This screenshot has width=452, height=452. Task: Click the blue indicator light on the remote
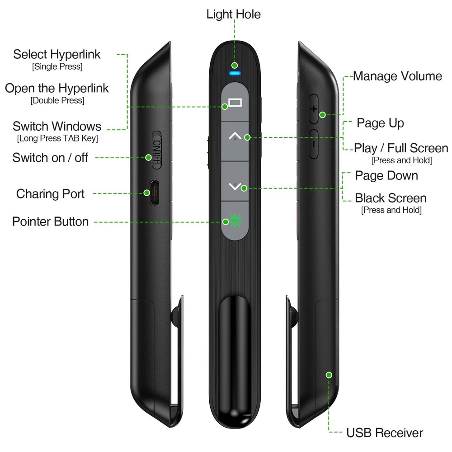(x=234, y=72)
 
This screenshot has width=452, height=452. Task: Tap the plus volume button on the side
(x=314, y=109)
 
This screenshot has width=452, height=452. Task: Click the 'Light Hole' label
(x=234, y=14)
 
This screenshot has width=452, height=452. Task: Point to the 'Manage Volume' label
(x=397, y=76)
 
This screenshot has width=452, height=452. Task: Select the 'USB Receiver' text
(x=385, y=433)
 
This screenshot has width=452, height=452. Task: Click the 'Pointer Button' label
(x=50, y=221)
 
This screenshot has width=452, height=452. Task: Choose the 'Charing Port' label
(x=50, y=194)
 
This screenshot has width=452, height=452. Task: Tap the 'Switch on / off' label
(x=50, y=158)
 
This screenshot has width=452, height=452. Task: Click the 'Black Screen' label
(x=391, y=198)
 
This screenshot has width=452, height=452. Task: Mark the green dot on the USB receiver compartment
(x=329, y=375)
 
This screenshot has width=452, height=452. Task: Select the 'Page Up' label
(x=380, y=123)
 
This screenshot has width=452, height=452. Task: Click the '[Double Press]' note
(x=57, y=100)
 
